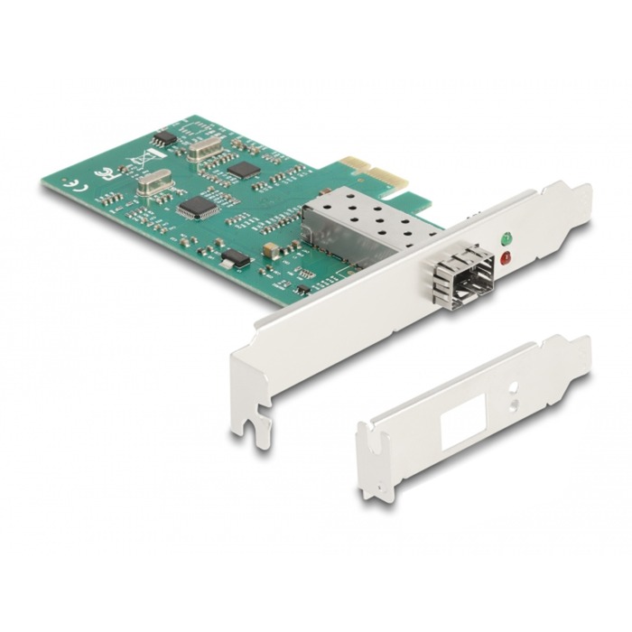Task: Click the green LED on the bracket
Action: pyautogui.click(x=506, y=240)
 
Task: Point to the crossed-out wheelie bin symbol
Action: pyautogui.click(x=139, y=163)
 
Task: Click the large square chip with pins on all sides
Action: pyautogui.click(x=198, y=207)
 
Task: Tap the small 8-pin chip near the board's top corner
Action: pyautogui.click(x=163, y=138)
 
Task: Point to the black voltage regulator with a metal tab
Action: pyautogui.click(x=235, y=258)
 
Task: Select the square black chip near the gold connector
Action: pyautogui.click(x=244, y=169)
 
